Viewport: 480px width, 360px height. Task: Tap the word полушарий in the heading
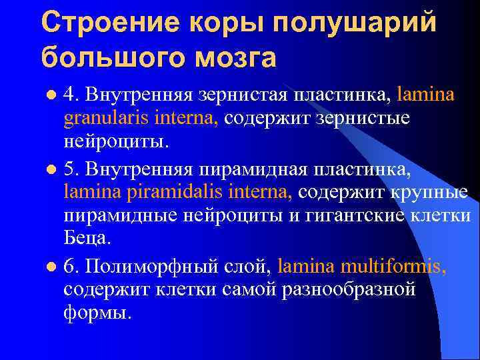pyautogui.click(x=355, y=21)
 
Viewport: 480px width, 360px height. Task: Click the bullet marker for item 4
pyautogui.click(x=53, y=95)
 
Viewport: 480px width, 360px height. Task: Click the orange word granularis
pyautogui.click(x=107, y=119)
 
